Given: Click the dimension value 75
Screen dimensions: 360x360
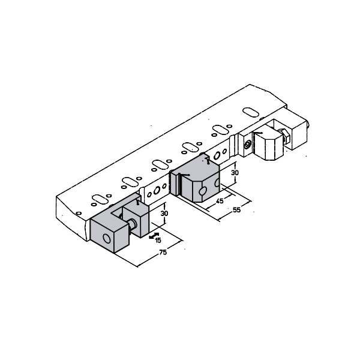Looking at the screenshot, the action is (163, 252).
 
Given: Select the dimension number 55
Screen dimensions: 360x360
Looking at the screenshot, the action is (236, 210).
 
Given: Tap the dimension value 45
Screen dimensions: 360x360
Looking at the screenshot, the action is (220, 201).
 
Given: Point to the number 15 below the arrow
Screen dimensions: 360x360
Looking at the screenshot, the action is (158, 241).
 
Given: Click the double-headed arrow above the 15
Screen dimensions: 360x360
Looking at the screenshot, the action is (154, 236).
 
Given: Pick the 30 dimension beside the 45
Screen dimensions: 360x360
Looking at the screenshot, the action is (235, 173).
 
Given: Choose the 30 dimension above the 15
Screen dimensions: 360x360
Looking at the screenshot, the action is (164, 213).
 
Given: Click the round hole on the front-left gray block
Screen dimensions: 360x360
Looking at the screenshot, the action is (107, 239).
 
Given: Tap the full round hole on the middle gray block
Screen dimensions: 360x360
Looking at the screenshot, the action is (203, 191).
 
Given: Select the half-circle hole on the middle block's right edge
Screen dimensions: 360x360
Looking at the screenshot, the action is (217, 182).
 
